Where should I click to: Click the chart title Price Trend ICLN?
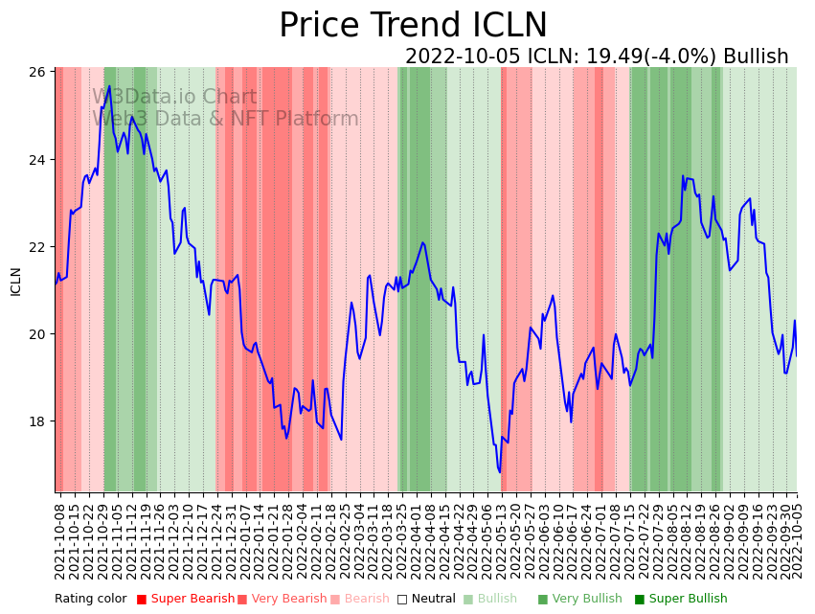point(413,26)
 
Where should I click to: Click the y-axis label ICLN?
point(15,281)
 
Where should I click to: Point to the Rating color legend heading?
point(90,600)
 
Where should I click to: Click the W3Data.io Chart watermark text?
point(174,98)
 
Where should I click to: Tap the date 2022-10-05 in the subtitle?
point(462,57)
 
